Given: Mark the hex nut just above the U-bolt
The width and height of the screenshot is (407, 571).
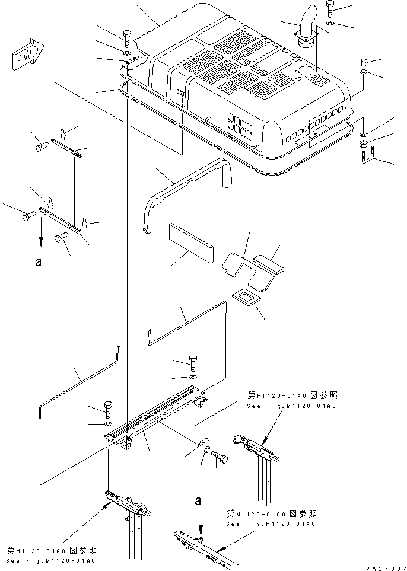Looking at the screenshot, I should point(363,144).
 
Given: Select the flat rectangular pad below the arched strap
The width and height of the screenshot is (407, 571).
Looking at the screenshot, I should point(191,241).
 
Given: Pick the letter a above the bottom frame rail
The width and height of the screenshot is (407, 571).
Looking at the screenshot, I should point(198,501).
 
